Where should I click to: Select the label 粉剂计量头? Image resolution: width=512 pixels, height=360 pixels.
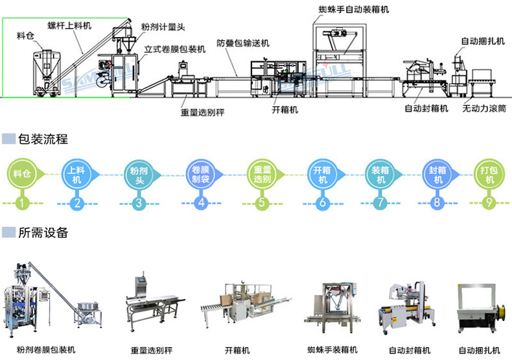coord(163,28)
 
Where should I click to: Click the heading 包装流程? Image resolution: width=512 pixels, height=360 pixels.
coord(43,139)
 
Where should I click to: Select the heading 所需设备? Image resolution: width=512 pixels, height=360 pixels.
coord(43,232)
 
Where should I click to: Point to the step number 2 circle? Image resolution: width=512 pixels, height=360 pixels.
coord(78,203)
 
